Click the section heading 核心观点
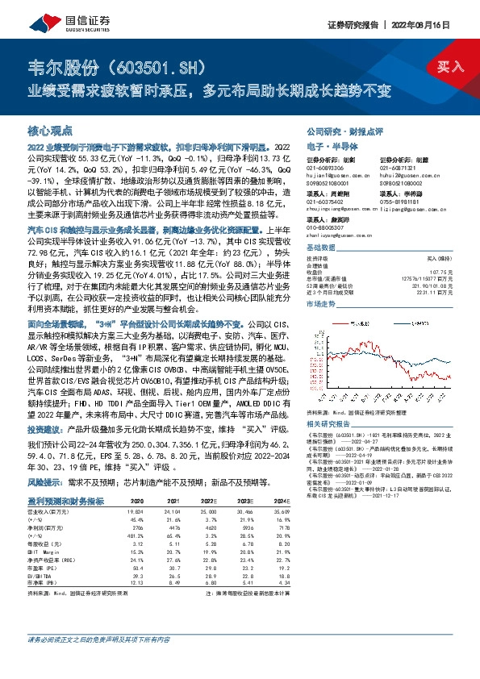click(50, 130)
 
